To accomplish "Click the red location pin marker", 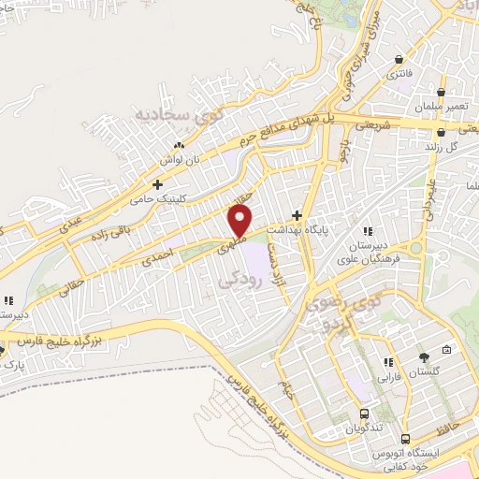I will pyautogui.click(x=240, y=221).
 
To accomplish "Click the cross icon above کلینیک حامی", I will pyautogui.click(x=158, y=184).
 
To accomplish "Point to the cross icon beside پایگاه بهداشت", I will pyautogui.click(x=298, y=214).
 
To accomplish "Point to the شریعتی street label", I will pyautogui.click(x=372, y=124).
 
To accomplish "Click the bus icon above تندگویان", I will pyautogui.click(x=364, y=414).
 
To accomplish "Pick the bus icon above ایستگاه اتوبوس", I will pyautogui.click(x=406, y=439).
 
